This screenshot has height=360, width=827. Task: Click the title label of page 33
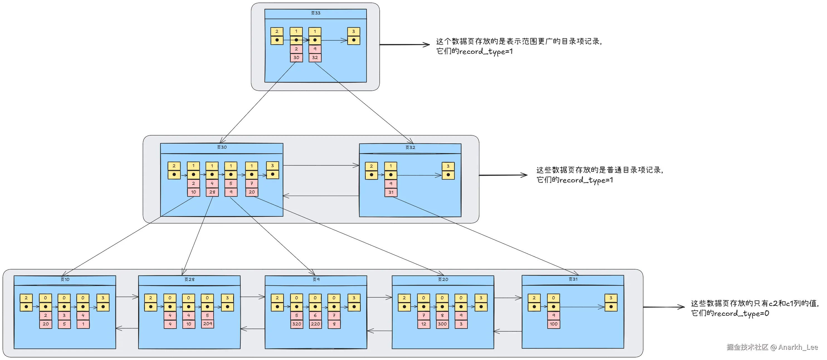316,13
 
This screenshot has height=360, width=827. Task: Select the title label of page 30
222,147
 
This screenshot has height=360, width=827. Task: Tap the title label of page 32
410,148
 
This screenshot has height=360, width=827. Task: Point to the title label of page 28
189,280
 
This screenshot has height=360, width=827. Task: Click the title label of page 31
573,279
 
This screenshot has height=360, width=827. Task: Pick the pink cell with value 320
297,324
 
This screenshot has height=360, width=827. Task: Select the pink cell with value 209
208,324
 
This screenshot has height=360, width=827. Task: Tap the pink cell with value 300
442,324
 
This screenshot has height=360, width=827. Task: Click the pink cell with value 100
553,324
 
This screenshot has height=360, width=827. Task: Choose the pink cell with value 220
315,324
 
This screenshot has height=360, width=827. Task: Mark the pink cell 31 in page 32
391,192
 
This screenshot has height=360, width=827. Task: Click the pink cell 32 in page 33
315,58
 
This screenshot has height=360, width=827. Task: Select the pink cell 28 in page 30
212,192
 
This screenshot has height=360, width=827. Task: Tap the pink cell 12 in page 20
424,324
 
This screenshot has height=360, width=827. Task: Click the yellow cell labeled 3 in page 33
353,31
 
